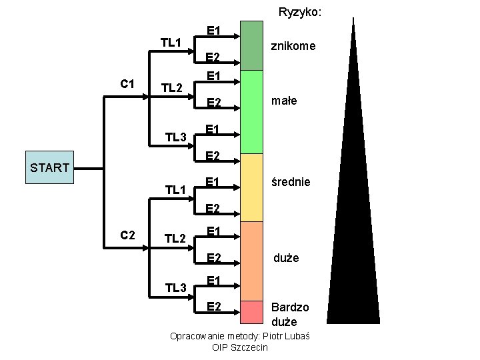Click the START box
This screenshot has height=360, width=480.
(x=50, y=167)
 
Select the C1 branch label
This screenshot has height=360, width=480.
(x=127, y=84)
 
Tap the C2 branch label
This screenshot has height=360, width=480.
(x=127, y=235)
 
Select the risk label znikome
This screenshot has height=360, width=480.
(x=292, y=47)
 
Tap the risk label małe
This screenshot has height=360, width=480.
(x=284, y=101)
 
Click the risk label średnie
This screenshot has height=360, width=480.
(x=290, y=181)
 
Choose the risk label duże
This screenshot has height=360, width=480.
(x=285, y=257)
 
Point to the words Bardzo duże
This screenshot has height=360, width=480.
(x=289, y=314)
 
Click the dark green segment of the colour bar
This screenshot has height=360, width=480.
(x=252, y=45)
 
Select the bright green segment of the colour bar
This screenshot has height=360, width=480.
(x=252, y=111)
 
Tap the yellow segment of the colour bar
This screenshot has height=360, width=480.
(x=252, y=187)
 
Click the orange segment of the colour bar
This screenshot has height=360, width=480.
(x=252, y=261)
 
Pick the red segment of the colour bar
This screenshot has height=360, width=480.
(x=252, y=311)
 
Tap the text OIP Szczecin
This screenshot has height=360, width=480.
(x=240, y=347)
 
